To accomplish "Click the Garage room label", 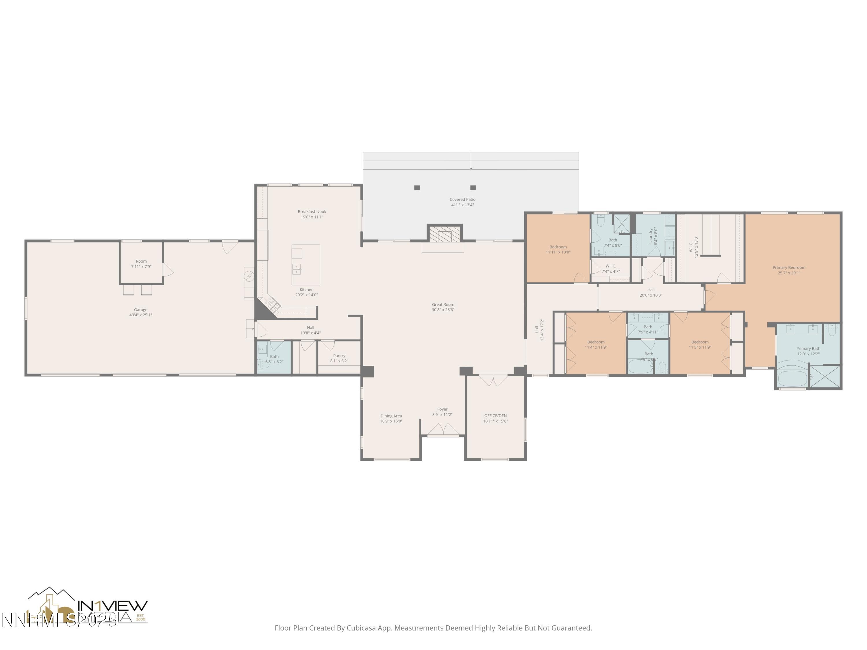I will pos(140,309).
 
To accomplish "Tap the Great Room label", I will pos(443,304).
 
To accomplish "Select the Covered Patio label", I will pos(462,199).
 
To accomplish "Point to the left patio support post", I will pos(417,188).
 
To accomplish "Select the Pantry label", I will pos(339,356).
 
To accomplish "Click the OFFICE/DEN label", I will pos(495,416).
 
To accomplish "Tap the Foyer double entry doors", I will pos(443,430).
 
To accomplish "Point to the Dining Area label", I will pos(391,416).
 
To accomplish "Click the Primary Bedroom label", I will pos(789,268).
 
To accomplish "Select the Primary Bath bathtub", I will pos(792,378).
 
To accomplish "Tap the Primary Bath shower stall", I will pos(825,377).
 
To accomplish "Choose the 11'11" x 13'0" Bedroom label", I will pos(558,247).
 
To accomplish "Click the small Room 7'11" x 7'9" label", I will pos(141,261).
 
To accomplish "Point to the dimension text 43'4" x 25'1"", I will pos(140,315).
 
